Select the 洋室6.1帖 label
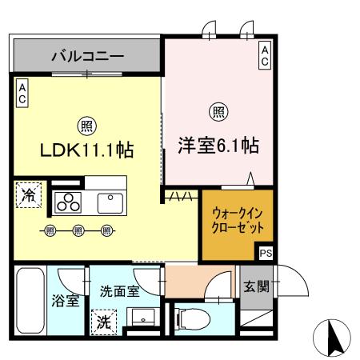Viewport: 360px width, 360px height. (x=218, y=148)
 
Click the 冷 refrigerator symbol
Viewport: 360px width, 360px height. (x=27, y=195)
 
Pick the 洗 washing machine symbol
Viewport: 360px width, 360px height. (x=105, y=323)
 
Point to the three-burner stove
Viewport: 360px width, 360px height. (x=69, y=203)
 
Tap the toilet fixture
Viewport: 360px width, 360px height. (x=190, y=318)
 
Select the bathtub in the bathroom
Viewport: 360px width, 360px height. (x=30, y=300)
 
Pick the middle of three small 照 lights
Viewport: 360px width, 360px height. (x=78, y=232)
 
